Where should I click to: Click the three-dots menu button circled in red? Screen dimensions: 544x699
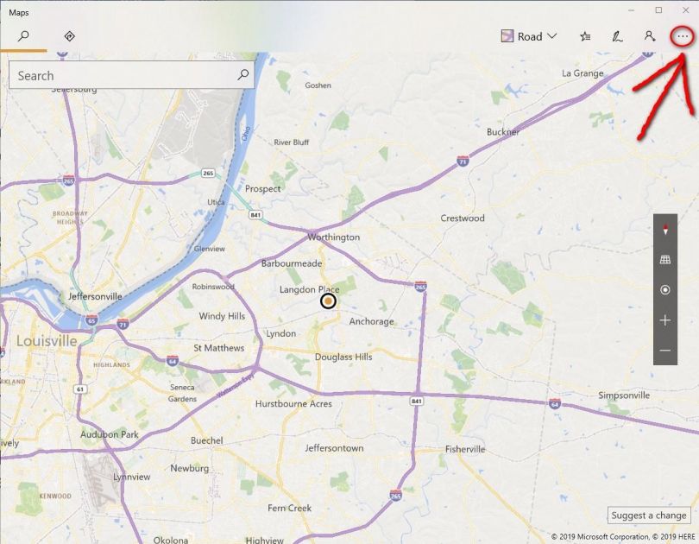click(x=683, y=36)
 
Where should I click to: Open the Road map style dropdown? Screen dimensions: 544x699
click(x=529, y=36)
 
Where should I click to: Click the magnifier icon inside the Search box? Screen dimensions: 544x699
click(x=243, y=75)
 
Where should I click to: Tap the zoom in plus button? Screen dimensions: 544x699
click(x=665, y=320)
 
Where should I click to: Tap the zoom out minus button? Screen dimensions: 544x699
click(x=665, y=351)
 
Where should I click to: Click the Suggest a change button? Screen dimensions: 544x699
click(x=649, y=516)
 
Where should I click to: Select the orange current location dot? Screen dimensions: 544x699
click(x=328, y=300)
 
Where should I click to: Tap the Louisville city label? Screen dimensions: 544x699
click(x=47, y=341)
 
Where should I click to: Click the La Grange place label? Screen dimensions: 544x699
click(x=582, y=73)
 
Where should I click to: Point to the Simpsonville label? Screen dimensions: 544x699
click(x=623, y=395)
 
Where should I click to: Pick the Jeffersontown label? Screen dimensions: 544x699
click(x=334, y=448)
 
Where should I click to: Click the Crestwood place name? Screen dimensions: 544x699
click(x=463, y=218)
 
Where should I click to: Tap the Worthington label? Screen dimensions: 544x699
click(x=334, y=237)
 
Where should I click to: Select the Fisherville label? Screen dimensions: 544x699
click(x=465, y=449)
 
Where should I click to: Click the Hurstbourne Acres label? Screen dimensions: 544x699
click(x=293, y=403)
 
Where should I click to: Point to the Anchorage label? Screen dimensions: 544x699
click(x=371, y=322)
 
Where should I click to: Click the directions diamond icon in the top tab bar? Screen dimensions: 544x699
click(x=70, y=36)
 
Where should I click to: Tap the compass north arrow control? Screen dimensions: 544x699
click(x=665, y=230)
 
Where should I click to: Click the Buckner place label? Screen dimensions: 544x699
click(x=503, y=132)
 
